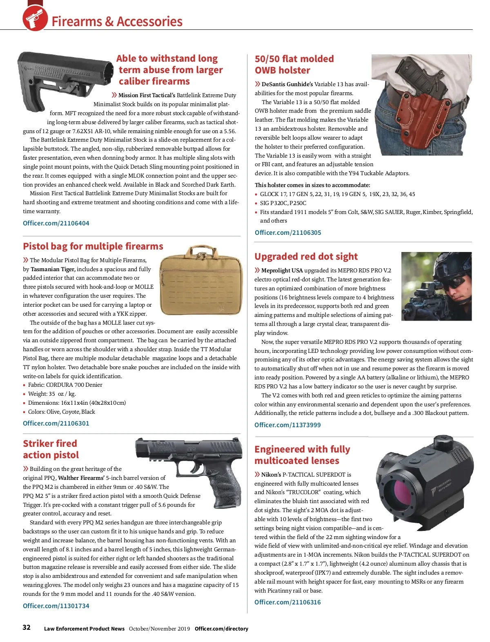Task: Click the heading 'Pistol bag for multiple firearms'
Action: (93, 246)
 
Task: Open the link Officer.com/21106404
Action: (56, 223)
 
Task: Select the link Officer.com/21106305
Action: (288, 232)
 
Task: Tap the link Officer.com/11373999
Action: (287, 425)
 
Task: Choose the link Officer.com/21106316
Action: (287, 602)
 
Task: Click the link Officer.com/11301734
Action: (56, 606)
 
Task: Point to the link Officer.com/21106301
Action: (56, 423)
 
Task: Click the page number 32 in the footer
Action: (27, 627)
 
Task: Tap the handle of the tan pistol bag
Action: (201, 251)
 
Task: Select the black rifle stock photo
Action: (65, 78)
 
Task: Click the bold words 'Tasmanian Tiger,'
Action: (53, 269)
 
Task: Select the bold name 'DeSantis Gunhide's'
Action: (287, 84)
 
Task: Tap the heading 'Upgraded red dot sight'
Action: (306, 256)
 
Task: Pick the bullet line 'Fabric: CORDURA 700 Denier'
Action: (65, 385)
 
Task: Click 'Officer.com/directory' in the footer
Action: (221, 629)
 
